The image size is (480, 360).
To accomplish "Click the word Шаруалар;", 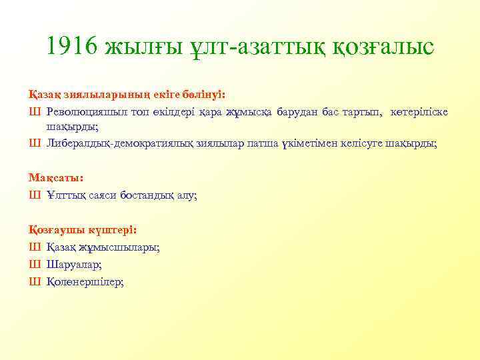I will pyautogui.click(x=74, y=265).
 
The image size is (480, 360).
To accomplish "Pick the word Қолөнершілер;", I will pyautogui.click(x=85, y=282).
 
